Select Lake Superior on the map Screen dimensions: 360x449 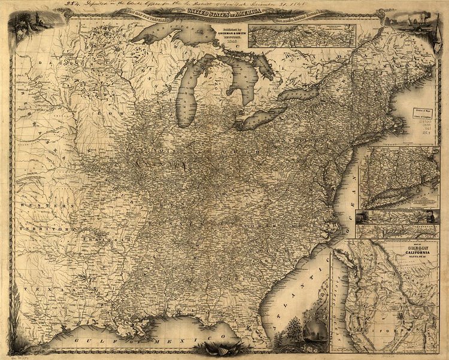[x=171, y=33]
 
